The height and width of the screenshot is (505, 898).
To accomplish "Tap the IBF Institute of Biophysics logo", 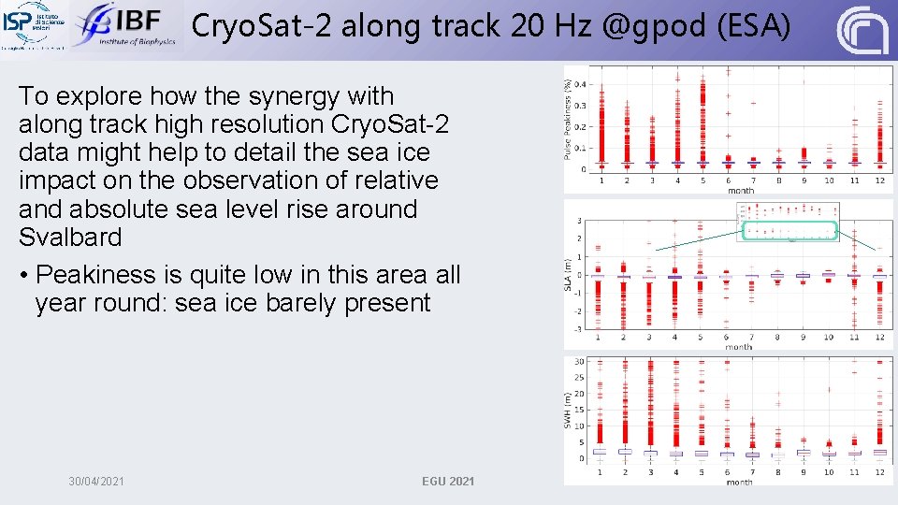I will pos(124,26).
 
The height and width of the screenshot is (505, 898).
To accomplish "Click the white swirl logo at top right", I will pos(862,30).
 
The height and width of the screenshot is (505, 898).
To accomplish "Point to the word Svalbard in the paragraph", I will pos(70,238).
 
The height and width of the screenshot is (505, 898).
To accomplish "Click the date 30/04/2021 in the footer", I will pos(96,481).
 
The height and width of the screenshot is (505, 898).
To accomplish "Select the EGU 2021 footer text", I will pos(448,481).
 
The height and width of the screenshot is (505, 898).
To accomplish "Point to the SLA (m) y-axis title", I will pos(568,274).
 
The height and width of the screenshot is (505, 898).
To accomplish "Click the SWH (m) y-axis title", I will pos(568,409).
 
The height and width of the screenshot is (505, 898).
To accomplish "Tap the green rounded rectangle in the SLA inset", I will pos(789,230).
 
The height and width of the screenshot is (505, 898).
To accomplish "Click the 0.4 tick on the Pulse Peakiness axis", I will pos(581,83).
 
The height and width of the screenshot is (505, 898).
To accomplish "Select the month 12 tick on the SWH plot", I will pos(878,473).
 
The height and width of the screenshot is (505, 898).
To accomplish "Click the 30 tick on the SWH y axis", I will pos(580,362).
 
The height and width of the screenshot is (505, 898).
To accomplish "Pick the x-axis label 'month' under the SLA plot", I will pos(739,347).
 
